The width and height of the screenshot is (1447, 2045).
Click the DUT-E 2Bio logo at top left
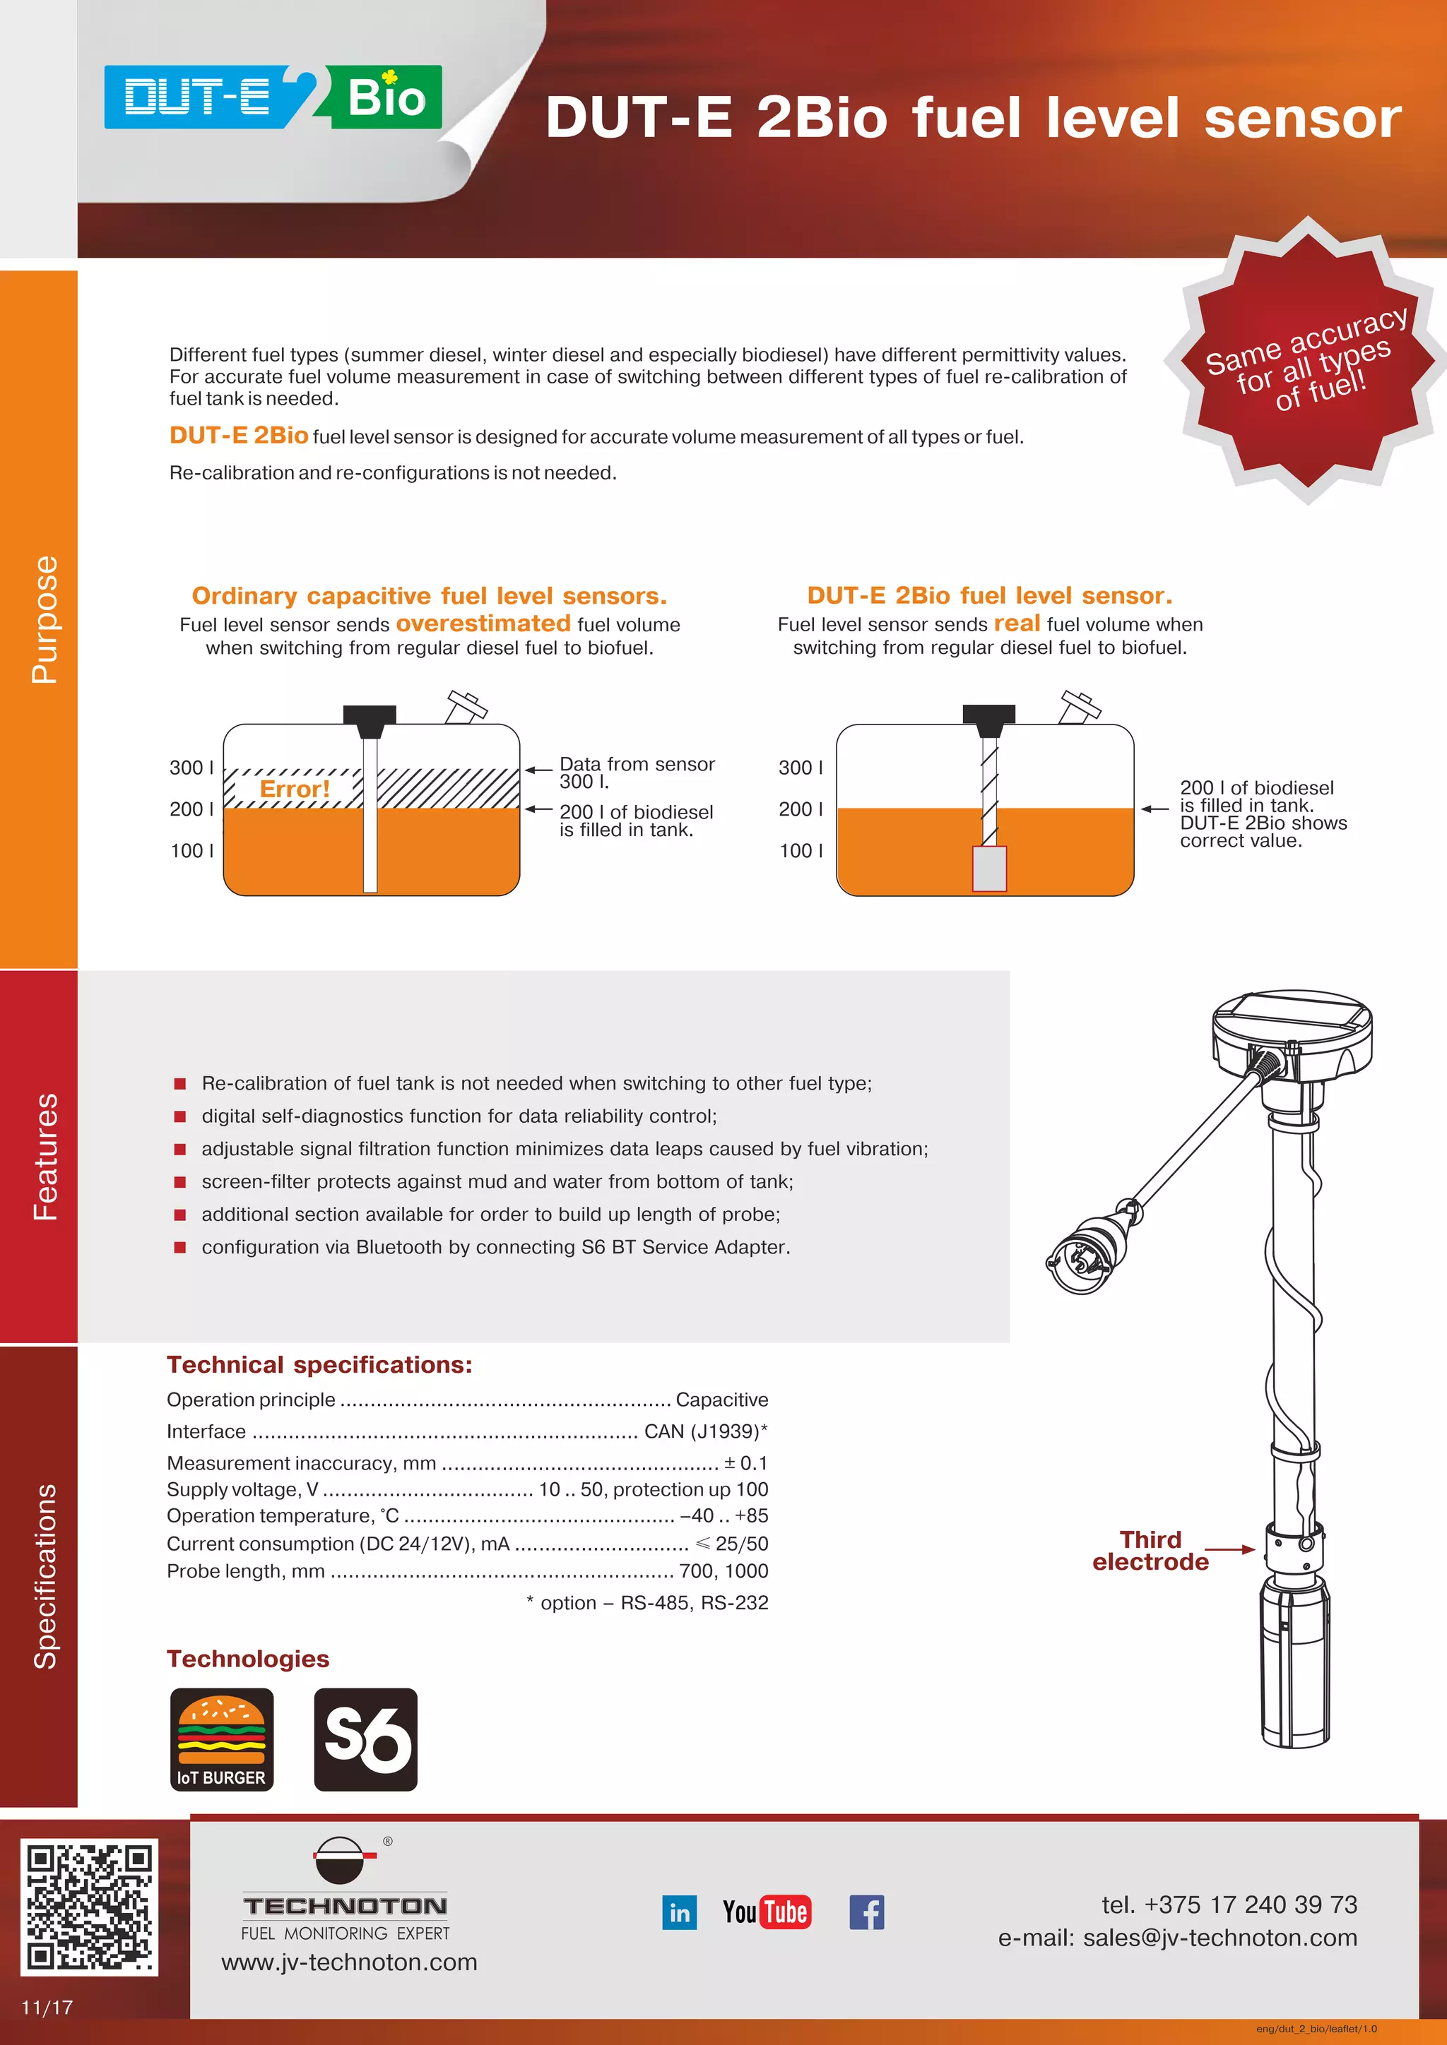(273, 96)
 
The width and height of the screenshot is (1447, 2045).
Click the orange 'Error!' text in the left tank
(294, 789)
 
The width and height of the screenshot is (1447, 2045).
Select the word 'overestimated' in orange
(483, 624)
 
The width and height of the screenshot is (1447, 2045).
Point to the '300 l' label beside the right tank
(800, 768)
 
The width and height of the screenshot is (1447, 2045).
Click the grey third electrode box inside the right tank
(989, 869)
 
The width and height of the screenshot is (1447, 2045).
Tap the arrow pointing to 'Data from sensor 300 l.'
(539, 769)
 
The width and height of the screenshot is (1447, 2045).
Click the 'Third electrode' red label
(1150, 1551)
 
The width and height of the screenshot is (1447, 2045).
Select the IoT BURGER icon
(222, 1739)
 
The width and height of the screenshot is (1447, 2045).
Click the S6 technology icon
(365, 1739)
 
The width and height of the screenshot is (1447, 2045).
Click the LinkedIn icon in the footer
(679, 1912)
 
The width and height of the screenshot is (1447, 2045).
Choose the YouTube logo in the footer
(767, 1912)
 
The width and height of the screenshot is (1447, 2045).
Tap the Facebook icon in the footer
(866, 1912)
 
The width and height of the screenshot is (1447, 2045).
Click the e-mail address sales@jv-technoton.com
(1219, 1938)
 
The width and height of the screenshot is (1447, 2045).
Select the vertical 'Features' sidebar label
(45, 1156)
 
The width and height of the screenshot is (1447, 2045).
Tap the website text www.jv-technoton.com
(349, 1962)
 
